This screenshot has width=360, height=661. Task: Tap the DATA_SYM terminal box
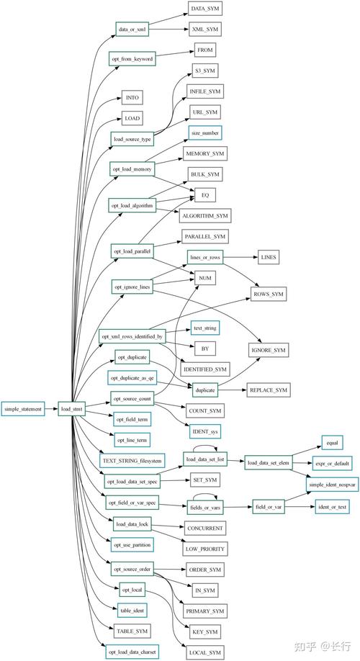coord(204,9)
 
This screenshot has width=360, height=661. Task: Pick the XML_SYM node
coord(204,30)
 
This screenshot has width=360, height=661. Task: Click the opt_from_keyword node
coord(132,58)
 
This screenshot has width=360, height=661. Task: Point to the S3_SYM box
coord(204,71)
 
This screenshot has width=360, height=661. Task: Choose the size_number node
coord(204,132)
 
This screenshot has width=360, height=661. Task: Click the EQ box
coord(204,194)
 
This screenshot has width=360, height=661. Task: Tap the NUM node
coord(204,277)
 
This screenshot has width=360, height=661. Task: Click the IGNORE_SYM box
coord(269,349)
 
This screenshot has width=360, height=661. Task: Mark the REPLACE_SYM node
coord(269,390)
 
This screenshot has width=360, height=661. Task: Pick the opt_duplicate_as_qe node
coord(132,377)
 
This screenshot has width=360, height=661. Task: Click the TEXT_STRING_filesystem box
coord(132,459)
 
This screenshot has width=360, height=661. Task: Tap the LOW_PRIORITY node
coord(204,549)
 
